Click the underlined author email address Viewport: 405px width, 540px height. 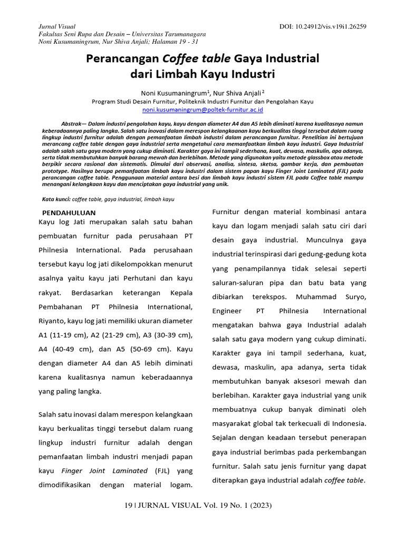tap(203, 110)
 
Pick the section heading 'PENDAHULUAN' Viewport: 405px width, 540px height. tap(69, 212)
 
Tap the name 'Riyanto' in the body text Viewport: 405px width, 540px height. tap(52, 321)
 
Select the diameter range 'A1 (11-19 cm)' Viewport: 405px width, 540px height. tap(63, 335)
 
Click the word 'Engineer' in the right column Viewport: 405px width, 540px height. tap(227, 311)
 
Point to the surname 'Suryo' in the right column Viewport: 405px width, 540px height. tap(351, 297)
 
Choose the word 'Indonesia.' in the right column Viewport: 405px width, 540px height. tap(350, 423)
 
